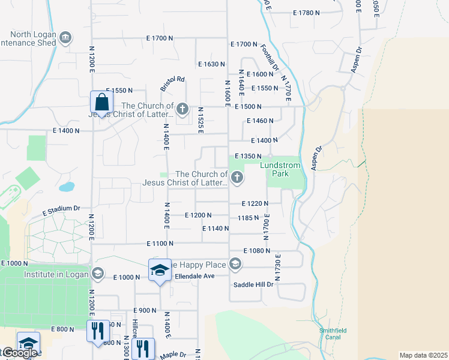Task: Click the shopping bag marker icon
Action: point(101,103)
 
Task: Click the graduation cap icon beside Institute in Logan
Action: point(97,274)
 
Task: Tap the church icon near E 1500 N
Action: point(183,109)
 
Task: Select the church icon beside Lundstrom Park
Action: point(237,178)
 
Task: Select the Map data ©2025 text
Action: point(423,355)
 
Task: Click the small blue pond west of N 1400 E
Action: point(67,187)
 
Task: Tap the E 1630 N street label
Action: point(211,64)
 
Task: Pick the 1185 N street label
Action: point(248,218)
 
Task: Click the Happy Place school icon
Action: point(235,264)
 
